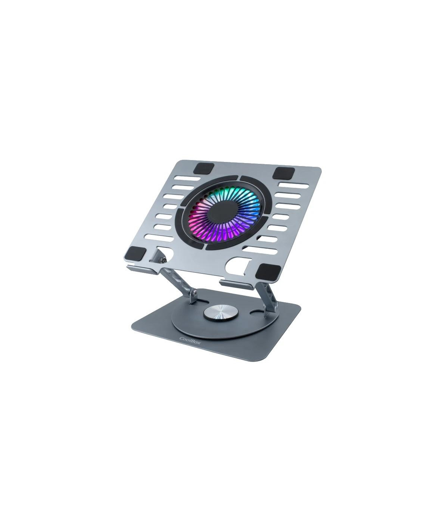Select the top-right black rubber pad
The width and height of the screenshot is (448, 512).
pyautogui.click(x=284, y=172)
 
